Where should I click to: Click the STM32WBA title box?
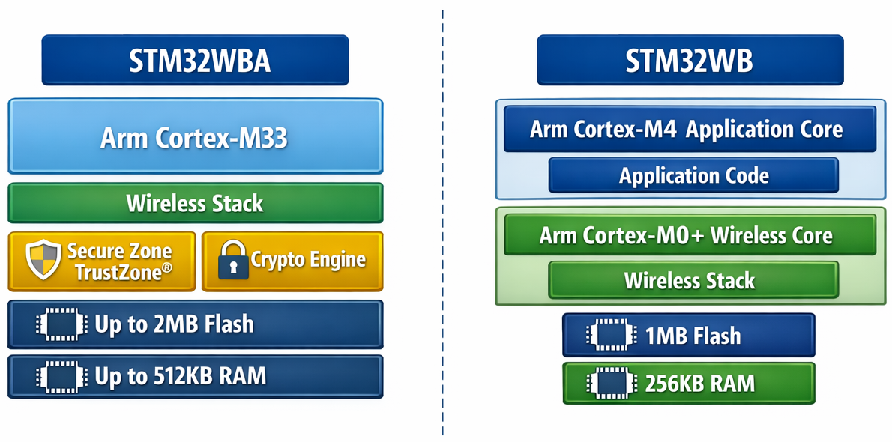[x=195, y=61]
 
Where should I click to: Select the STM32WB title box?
[x=689, y=61]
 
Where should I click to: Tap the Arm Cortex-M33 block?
[x=195, y=137]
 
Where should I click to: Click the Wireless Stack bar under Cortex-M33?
[x=195, y=203]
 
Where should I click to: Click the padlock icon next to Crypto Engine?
[x=233, y=260]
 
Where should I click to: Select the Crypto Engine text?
[x=308, y=260]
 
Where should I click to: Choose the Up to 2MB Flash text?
[x=174, y=324]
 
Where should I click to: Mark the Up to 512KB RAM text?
[x=180, y=375]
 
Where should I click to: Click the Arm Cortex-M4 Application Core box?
[x=689, y=129]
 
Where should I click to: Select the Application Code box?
[x=693, y=176]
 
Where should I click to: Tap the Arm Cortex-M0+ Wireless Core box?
[x=689, y=235]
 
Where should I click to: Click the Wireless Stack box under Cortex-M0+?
[x=693, y=281]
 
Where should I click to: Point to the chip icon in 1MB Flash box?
[x=609, y=335]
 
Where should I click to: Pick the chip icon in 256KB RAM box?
[x=609, y=384]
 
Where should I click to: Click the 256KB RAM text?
[x=699, y=384]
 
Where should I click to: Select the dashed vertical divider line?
[x=442, y=225]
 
